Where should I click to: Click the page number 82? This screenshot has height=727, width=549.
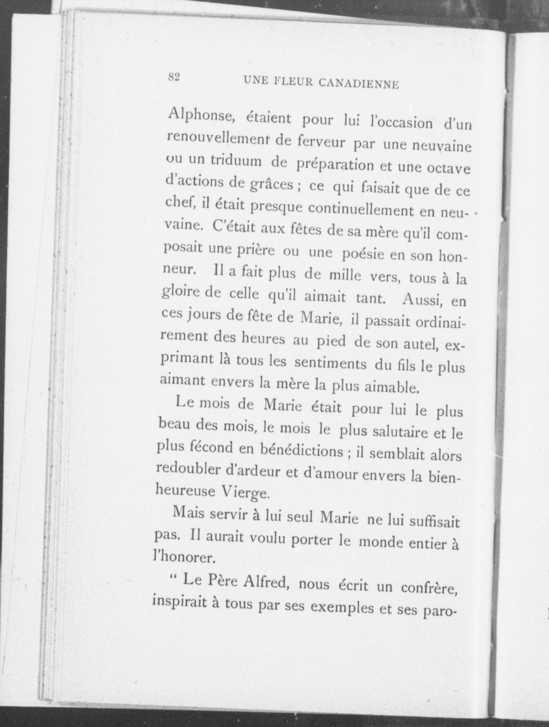coord(174,77)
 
